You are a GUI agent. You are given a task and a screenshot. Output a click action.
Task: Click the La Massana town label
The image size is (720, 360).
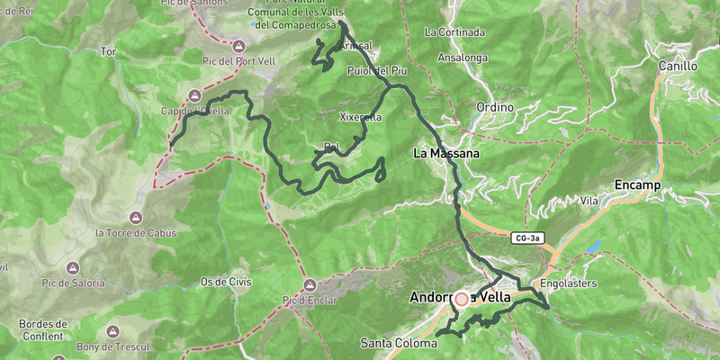(x=446, y=154)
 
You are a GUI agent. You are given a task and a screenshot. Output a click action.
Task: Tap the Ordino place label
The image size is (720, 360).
(x=495, y=107)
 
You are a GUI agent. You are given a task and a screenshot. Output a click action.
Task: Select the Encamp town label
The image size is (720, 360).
(x=637, y=184)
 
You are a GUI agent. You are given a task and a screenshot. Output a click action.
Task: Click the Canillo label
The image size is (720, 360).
(x=678, y=66)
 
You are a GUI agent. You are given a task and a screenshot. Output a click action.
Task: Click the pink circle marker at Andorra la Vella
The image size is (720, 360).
(x=462, y=300)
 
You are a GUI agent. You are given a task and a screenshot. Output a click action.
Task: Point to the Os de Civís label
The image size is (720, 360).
(x=226, y=282)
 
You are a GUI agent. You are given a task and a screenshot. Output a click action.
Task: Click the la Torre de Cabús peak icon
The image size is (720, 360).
(x=136, y=219)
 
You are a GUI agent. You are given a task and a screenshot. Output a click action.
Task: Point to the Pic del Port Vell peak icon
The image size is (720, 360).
(x=238, y=46)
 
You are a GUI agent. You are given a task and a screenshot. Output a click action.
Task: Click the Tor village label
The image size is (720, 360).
(x=109, y=52)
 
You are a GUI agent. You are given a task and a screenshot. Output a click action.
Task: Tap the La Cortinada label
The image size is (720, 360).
(x=454, y=32)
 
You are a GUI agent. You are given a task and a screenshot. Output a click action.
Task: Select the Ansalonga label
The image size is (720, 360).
(x=462, y=58)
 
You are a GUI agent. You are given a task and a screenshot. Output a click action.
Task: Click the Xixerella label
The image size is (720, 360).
(x=361, y=117)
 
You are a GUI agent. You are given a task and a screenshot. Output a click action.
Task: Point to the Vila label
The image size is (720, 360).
(x=590, y=200)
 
